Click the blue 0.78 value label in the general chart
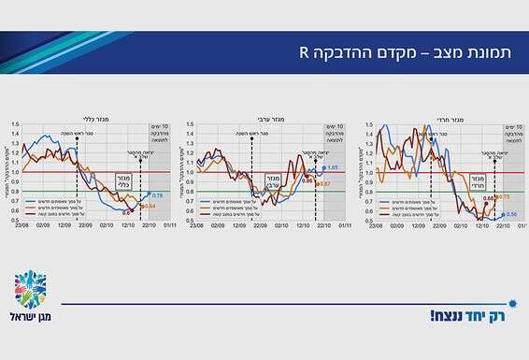[157, 194]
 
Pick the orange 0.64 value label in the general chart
[150, 205]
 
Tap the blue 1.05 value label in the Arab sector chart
[332, 167]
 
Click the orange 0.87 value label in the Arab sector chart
[325, 184]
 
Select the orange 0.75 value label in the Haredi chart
[503, 196]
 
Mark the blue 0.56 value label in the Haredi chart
[510, 214]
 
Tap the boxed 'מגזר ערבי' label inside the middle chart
[274, 179]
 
